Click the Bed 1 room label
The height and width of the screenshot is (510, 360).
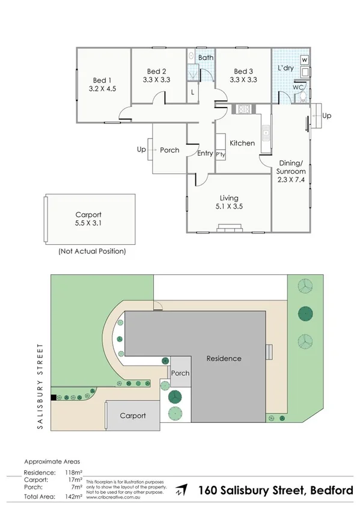click(x=102, y=80)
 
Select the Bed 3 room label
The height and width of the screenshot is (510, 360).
click(x=243, y=70)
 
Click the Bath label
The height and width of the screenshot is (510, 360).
click(x=206, y=58)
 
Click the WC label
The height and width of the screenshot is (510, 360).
click(x=298, y=87)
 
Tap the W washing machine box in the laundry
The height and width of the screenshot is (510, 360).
click(x=305, y=60)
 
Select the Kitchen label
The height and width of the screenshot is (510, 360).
click(x=242, y=143)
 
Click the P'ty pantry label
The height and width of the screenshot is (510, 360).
click(x=221, y=153)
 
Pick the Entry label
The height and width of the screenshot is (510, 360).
click(x=205, y=153)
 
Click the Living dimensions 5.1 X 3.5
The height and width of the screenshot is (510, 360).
click(x=229, y=206)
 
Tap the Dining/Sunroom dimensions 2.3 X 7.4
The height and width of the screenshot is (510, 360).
click(x=290, y=179)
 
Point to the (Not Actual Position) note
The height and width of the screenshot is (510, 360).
click(x=92, y=251)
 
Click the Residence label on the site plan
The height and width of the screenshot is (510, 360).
click(x=224, y=358)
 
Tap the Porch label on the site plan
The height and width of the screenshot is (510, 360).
click(x=180, y=373)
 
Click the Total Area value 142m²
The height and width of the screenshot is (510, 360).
click(x=73, y=497)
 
